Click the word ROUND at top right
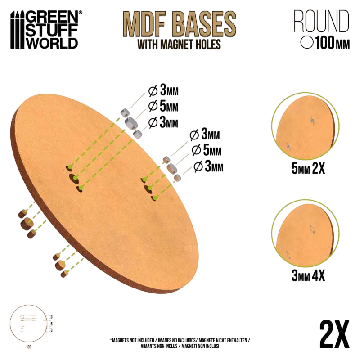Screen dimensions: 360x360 pyautogui.click(x=321, y=21)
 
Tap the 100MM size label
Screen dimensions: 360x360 pyautogui.click(x=333, y=43)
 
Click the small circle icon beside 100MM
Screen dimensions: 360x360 pyautogui.click(x=307, y=43)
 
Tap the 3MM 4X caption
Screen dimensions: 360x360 pyautogui.click(x=308, y=275)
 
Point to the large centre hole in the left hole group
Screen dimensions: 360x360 pyautogui.click(x=73, y=178)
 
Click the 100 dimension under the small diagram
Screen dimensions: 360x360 pyautogui.click(x=28, y=347)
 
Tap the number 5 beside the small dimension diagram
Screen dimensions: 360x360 pyautogui.click(x=52, y=324)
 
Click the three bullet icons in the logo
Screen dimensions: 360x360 pyautogui.click(x=18, y=30)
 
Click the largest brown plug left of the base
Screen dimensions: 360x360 pyautogui.click(x=27, y=223)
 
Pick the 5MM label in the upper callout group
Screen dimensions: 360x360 pyautogui.click(x=163, y=106)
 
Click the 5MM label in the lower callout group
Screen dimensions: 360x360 pyautogui.click(x=207, y=150)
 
